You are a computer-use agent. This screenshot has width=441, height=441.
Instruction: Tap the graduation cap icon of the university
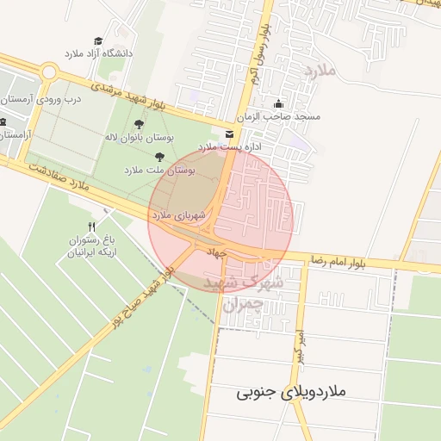click(x=97, y=40)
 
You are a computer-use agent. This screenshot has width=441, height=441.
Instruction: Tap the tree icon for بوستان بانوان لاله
click(x=140, y=124)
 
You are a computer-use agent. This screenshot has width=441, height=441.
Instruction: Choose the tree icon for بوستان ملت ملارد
click(x=159, y=156)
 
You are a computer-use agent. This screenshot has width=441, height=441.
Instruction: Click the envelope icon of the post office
click(x=228, y=134)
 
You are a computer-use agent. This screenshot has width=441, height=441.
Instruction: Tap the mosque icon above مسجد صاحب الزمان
click(x=276, y=102)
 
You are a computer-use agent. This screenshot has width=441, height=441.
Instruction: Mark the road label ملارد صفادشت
click(x=57, y=171)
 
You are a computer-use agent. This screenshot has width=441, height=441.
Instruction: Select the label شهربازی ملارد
click(x=179, y=214)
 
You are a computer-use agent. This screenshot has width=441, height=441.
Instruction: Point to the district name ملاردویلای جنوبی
click(x=290, y=392)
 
